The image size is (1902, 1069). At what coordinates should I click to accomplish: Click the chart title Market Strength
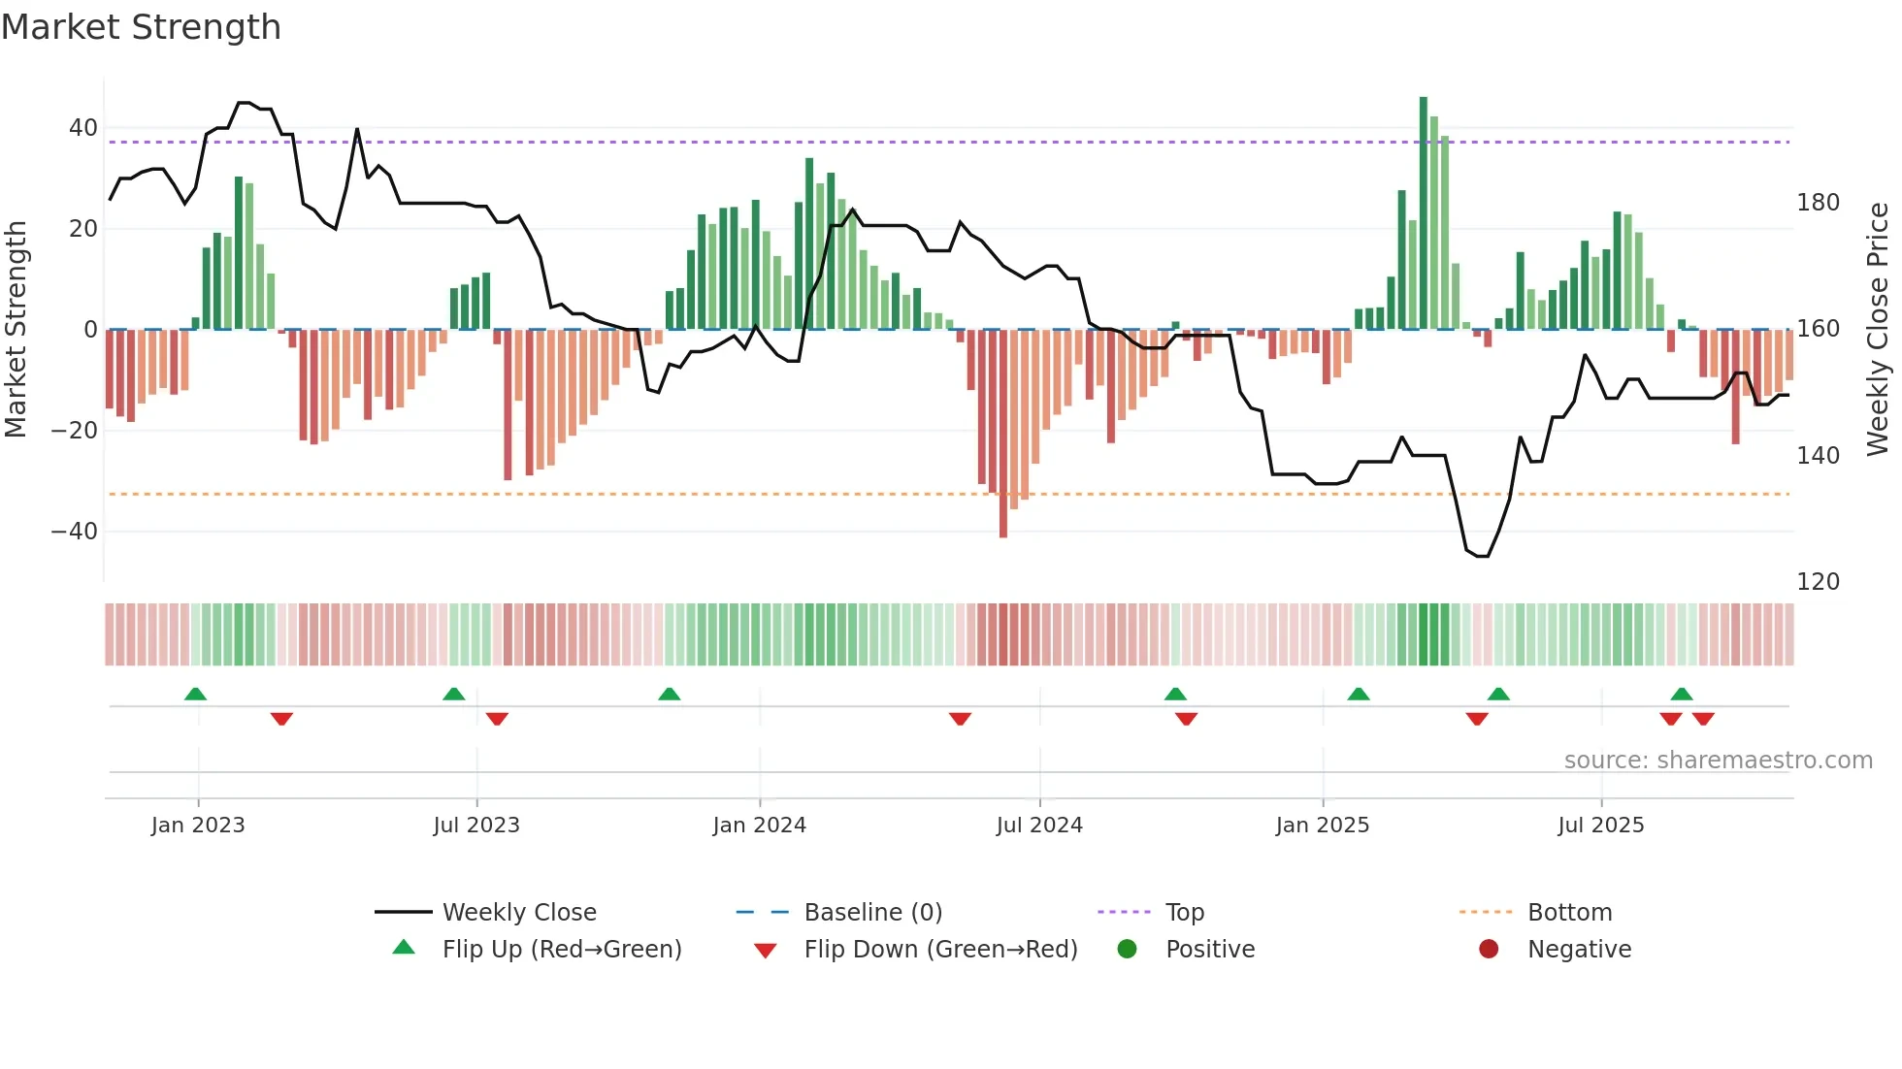tap(141, 27)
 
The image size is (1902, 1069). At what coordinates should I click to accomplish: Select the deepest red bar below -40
tap(1003, 434)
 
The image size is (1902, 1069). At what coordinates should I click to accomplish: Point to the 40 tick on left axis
tap(83, 128)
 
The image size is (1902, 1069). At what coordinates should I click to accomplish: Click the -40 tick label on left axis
tap(75, 532)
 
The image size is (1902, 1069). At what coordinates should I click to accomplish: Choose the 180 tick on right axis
tap(1818, 203)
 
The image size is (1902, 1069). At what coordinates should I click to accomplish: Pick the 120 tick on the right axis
tap(1818, 582)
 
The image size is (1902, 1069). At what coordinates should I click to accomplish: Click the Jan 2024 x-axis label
tap(759, 826)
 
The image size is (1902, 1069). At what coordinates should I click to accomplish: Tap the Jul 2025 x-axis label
tap(1601, 826)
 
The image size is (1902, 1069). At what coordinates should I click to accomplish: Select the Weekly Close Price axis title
tap(1878, 330)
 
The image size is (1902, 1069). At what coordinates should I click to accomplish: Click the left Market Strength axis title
tap(16, 330)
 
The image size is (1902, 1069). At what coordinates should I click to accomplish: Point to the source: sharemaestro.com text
tap(1718, 761)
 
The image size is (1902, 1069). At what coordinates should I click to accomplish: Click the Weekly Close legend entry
tap(519, 913)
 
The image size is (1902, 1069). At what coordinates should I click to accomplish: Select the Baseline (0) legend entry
tap(872, 913)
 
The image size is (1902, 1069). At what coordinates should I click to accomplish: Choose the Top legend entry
tap(1184, 913)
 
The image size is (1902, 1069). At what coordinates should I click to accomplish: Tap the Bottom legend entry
tap(1569, 913)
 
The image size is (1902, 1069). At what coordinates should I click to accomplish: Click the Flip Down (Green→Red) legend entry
tap(939, 950)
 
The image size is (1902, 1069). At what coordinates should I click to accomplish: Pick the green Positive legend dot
tap(1127, 950)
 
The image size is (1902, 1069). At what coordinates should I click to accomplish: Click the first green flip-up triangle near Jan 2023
tap(195, 695)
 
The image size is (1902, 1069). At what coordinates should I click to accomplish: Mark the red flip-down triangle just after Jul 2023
tap(497, 719)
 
